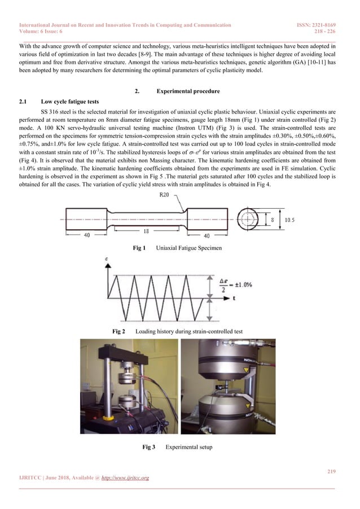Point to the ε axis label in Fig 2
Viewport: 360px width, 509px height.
point(107,259)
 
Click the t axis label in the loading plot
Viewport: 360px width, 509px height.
point(233,301)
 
